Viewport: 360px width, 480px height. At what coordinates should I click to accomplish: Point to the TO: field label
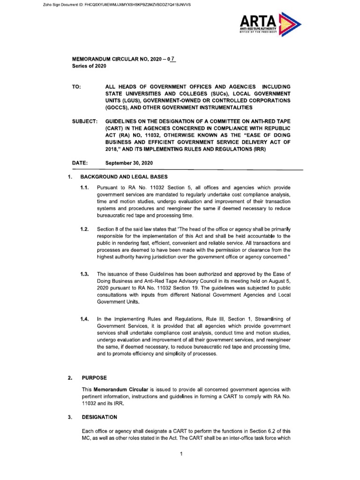(76, 87)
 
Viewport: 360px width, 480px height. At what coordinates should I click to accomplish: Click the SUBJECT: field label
(84, 121)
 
